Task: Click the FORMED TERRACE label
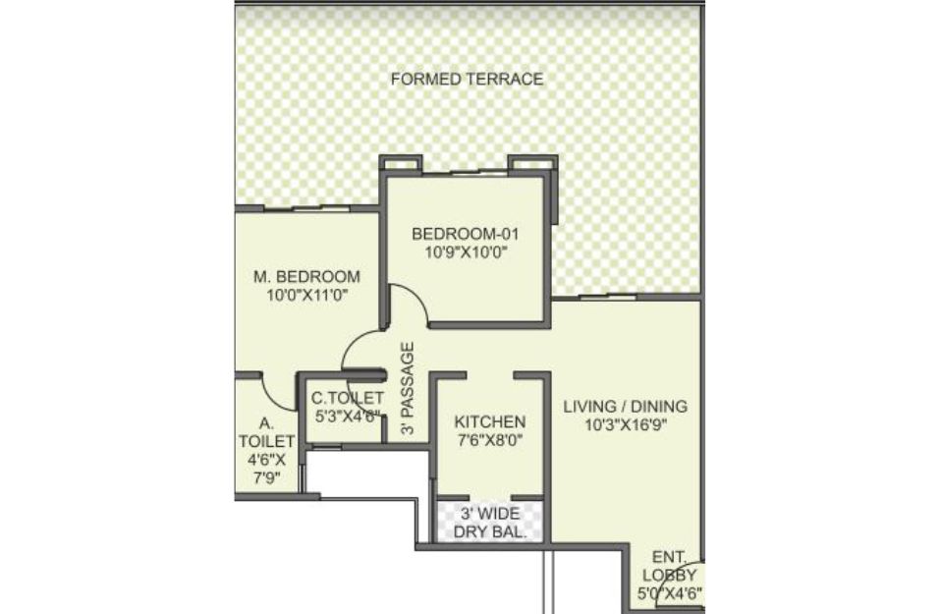tap(467, 80)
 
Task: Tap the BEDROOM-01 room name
tap(466, 233)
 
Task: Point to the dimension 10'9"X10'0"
tap(467, 252)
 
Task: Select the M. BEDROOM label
tap(306, 276)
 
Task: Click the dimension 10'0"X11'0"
tap(307, 295)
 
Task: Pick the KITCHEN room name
tap(490, 421)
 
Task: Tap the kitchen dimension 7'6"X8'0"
tap(490, 441)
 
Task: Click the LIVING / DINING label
tap(626, 407)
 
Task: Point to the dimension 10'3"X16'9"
tap(626, 425)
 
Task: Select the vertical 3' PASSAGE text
tap(408, 389)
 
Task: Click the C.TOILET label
tap(347, 398)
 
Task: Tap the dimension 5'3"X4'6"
tap(348, 417)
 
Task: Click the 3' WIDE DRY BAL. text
tap(490, 523)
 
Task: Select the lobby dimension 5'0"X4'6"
tap(670, 594)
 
